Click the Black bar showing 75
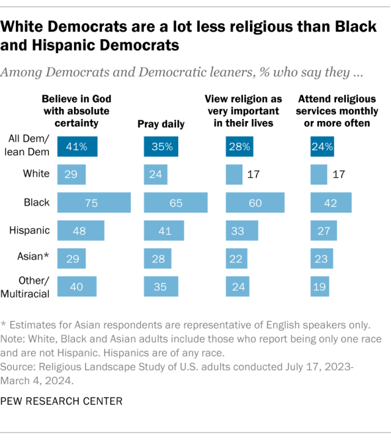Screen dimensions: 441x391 [x=93, y=203]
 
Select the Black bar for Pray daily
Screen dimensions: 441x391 [x=175, y=203]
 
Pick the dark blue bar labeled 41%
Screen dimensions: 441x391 [x=77, y=147]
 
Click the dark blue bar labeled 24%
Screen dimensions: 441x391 [x=322, y=147]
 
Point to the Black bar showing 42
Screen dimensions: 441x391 [x=331, y=203]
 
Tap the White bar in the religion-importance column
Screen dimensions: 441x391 [x=234, y=175]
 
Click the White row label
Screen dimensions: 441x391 [x=36, y=174]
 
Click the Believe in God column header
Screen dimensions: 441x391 [x=76, y=110]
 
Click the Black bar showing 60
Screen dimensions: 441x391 [x=255, y=203]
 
